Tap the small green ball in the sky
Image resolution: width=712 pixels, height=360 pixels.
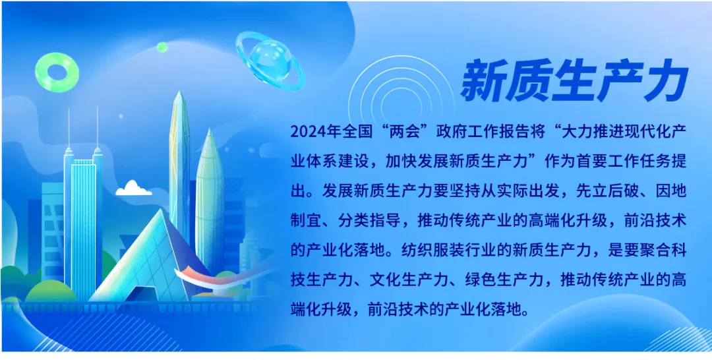pos(162,47)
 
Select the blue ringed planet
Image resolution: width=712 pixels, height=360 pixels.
pos(271,60)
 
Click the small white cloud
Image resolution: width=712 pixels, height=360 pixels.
pos(133,189)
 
